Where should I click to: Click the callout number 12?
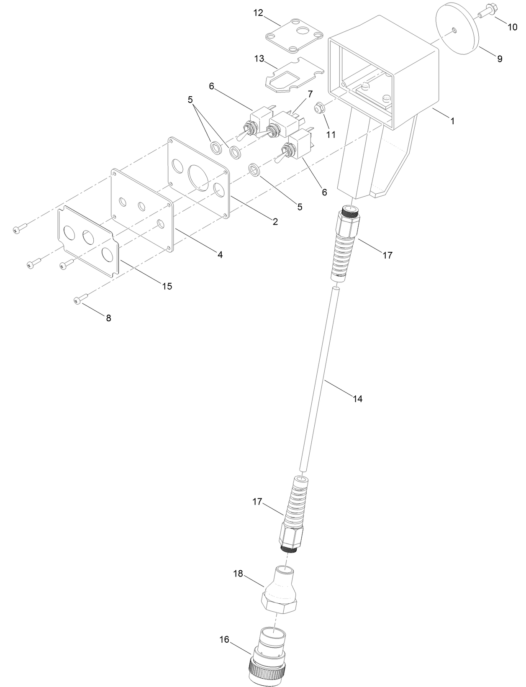pos(258,13)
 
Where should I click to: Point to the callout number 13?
pos(259,59)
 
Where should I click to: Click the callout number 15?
pos(167,286)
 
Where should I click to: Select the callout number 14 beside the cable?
pos(357,399)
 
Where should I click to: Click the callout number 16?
pos(224,639)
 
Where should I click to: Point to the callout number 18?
pos(238,574)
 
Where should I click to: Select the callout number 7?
pos(310,94)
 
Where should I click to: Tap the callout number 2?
pos(275,222)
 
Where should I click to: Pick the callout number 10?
pos(512,27)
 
